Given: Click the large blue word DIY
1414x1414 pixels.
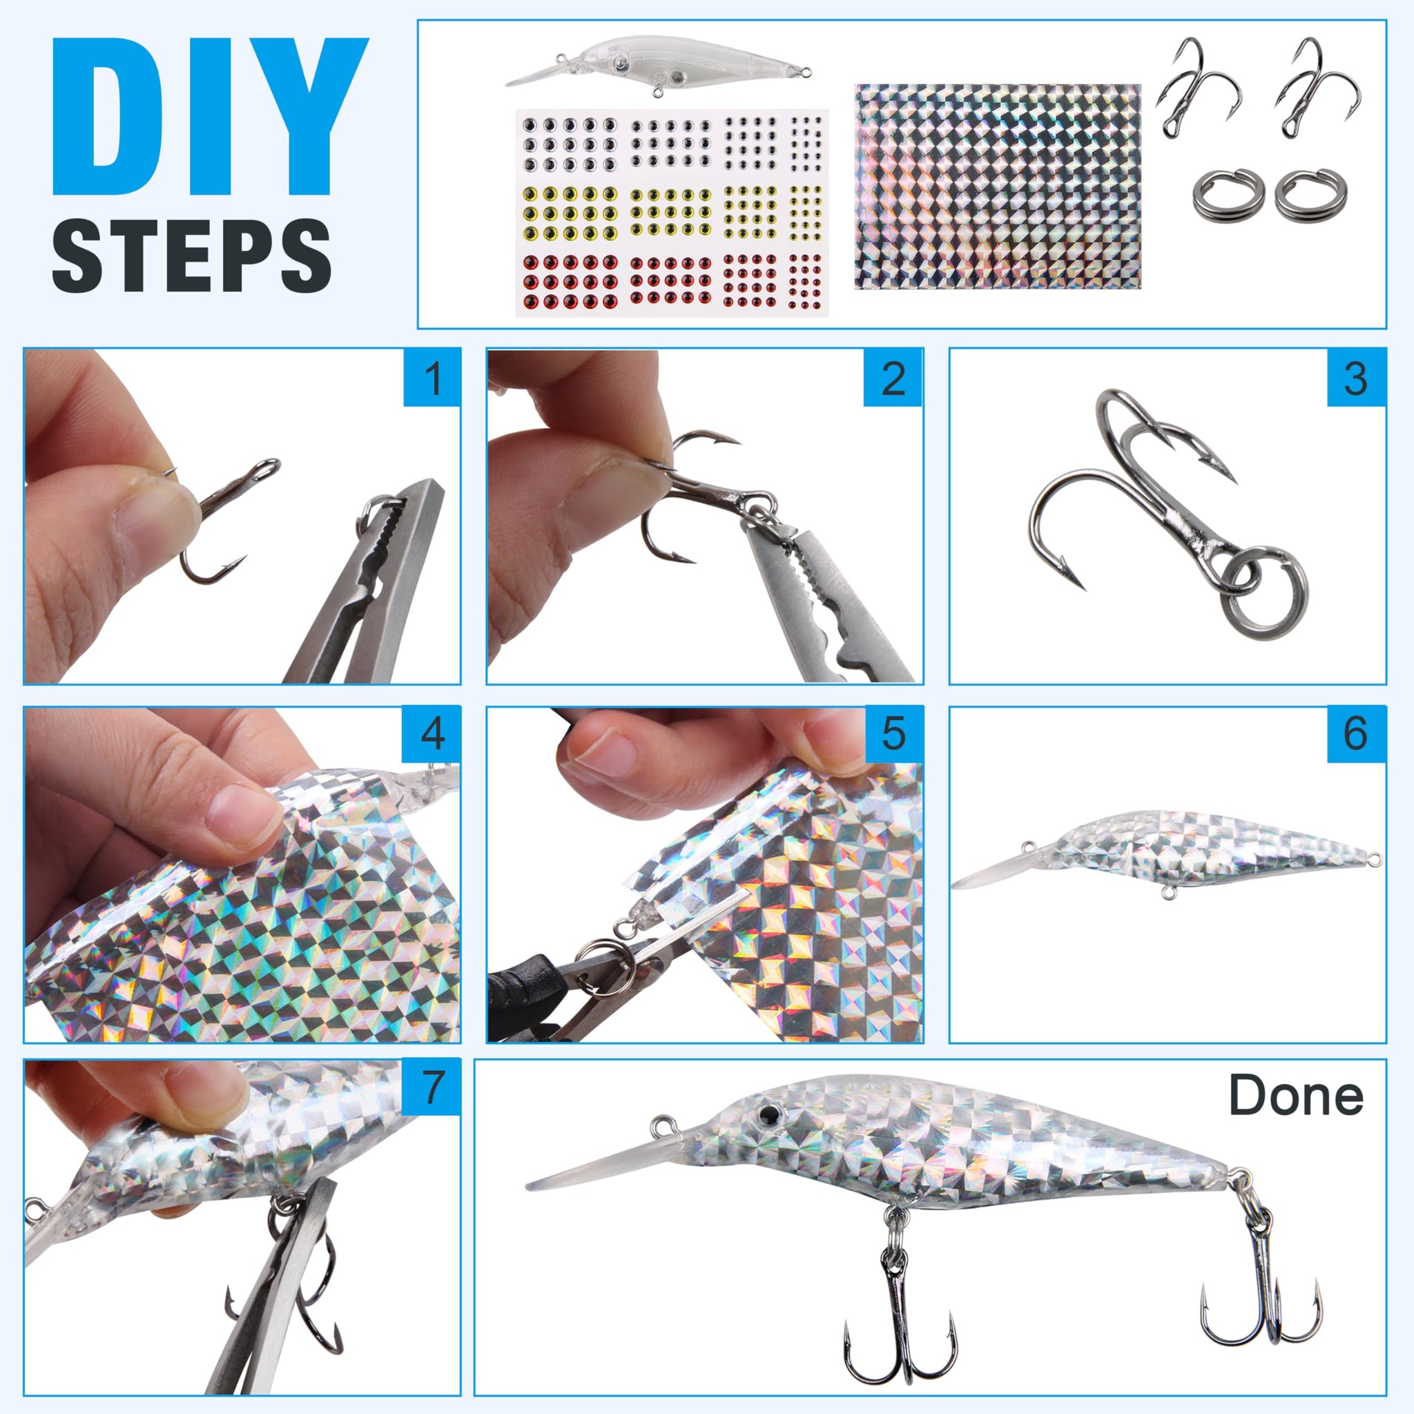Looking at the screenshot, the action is (x=210, y=117).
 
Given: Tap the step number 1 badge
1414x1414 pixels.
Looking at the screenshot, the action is (x=432, y=378).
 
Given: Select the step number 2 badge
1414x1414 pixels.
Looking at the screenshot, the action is (x=893, y=378).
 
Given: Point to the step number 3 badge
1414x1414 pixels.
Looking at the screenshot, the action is (x=1356, y=378).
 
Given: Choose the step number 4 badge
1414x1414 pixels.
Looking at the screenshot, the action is (x=432, y=734).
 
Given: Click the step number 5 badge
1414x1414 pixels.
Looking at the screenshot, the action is (x=893, y=734).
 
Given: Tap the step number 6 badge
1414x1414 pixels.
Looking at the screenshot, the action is (x=1356, y=734).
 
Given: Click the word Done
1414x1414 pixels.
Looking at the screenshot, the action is (x=1296, y=1096).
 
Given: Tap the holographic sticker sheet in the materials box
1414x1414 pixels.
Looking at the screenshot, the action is (x=998, y=186).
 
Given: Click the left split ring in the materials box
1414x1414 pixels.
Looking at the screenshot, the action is (x=1228, y=195).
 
